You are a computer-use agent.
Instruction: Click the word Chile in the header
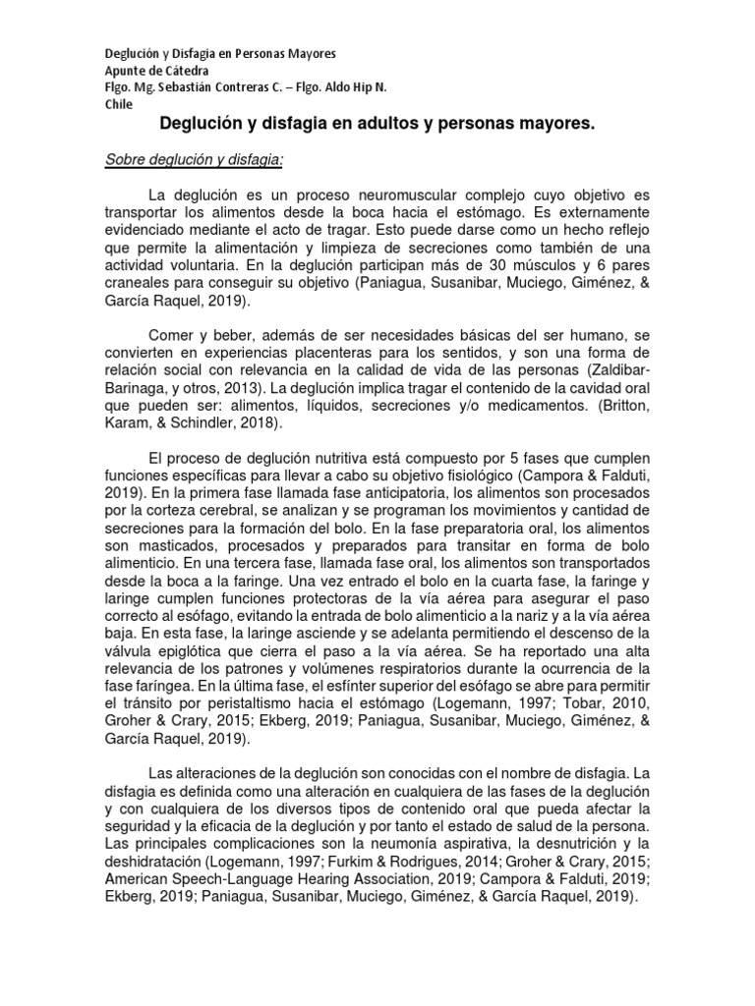[x=120, y=104]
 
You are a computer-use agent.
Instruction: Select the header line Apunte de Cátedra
[x=156, y=70]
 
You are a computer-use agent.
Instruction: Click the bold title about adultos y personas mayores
[x=377, y=125]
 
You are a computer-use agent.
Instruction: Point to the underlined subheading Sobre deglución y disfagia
[x=194, y=159]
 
